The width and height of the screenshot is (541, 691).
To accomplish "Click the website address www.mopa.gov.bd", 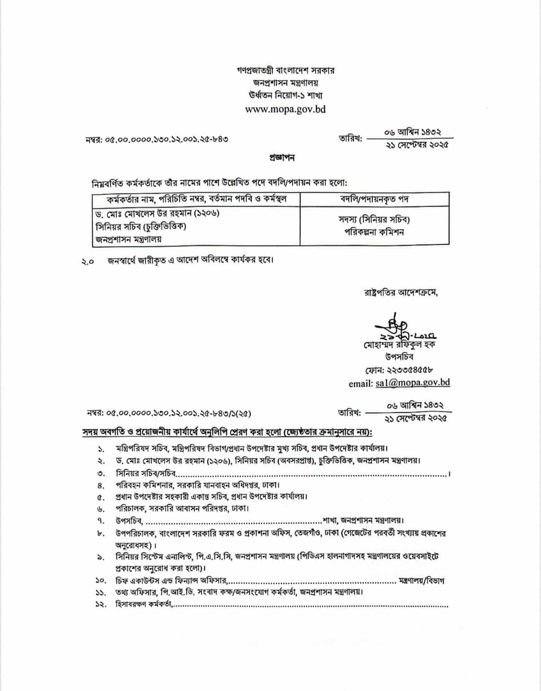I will coord(285,109).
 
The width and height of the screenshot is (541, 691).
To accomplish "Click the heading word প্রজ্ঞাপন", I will coord(282,158).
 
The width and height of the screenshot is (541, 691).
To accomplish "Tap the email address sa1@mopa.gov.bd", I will coord(412,383).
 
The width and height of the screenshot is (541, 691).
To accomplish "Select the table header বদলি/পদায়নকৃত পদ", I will coord(375,199).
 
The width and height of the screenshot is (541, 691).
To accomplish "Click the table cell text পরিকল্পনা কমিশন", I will coord(375,232).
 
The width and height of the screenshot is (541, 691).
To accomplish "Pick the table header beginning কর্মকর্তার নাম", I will coord(196,199).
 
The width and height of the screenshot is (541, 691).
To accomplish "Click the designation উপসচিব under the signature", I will coord(399,357).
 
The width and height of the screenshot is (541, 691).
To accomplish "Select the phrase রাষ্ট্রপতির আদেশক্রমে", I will coord(401,293).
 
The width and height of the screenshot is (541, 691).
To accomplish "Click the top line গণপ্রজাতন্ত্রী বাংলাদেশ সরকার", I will coord(285,70).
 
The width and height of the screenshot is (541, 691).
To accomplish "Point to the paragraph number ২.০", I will coord(87,262).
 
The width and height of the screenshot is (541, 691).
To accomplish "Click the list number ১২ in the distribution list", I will coord(100,605).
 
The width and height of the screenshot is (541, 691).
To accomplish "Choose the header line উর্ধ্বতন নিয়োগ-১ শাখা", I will coord(285,95).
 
